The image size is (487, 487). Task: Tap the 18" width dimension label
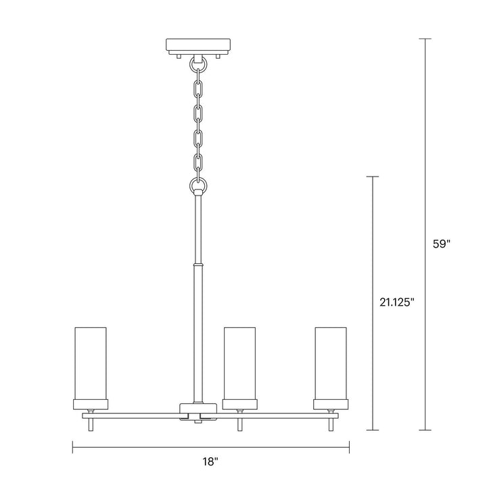[211, 462]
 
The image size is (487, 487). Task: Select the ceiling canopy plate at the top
[199, 46]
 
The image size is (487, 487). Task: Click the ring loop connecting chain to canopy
[199, 66]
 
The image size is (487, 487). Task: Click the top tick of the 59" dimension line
[425, 39]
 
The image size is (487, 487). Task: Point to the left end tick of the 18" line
[73, 447]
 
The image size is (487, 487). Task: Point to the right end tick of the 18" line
[349, 447]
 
